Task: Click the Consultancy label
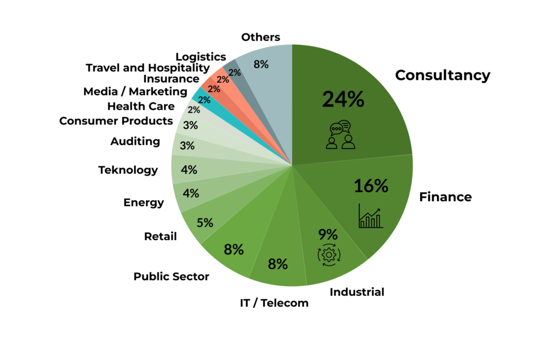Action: coord(442,75)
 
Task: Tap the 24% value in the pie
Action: coord(343,99)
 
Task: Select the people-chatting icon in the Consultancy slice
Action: coord(340,135)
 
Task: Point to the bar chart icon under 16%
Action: coord(370,216)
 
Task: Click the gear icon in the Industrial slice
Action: coord(328,255)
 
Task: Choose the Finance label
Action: coord(445,197)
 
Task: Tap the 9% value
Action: coord(328,234)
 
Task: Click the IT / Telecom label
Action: coord(274,303)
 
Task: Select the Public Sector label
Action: coord(171,277)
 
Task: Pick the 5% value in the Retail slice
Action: coord(205,223)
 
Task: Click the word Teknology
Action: coord(128,170)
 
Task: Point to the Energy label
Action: coord(144,202)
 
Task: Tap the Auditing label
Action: coord(135,142)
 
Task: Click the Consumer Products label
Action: coord(116,121)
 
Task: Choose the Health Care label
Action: coord(141,107)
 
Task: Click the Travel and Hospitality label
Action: coord(147,68)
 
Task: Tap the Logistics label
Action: coord(200,57)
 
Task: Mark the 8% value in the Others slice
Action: coord(261,64)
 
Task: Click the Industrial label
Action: coord(357,292)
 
